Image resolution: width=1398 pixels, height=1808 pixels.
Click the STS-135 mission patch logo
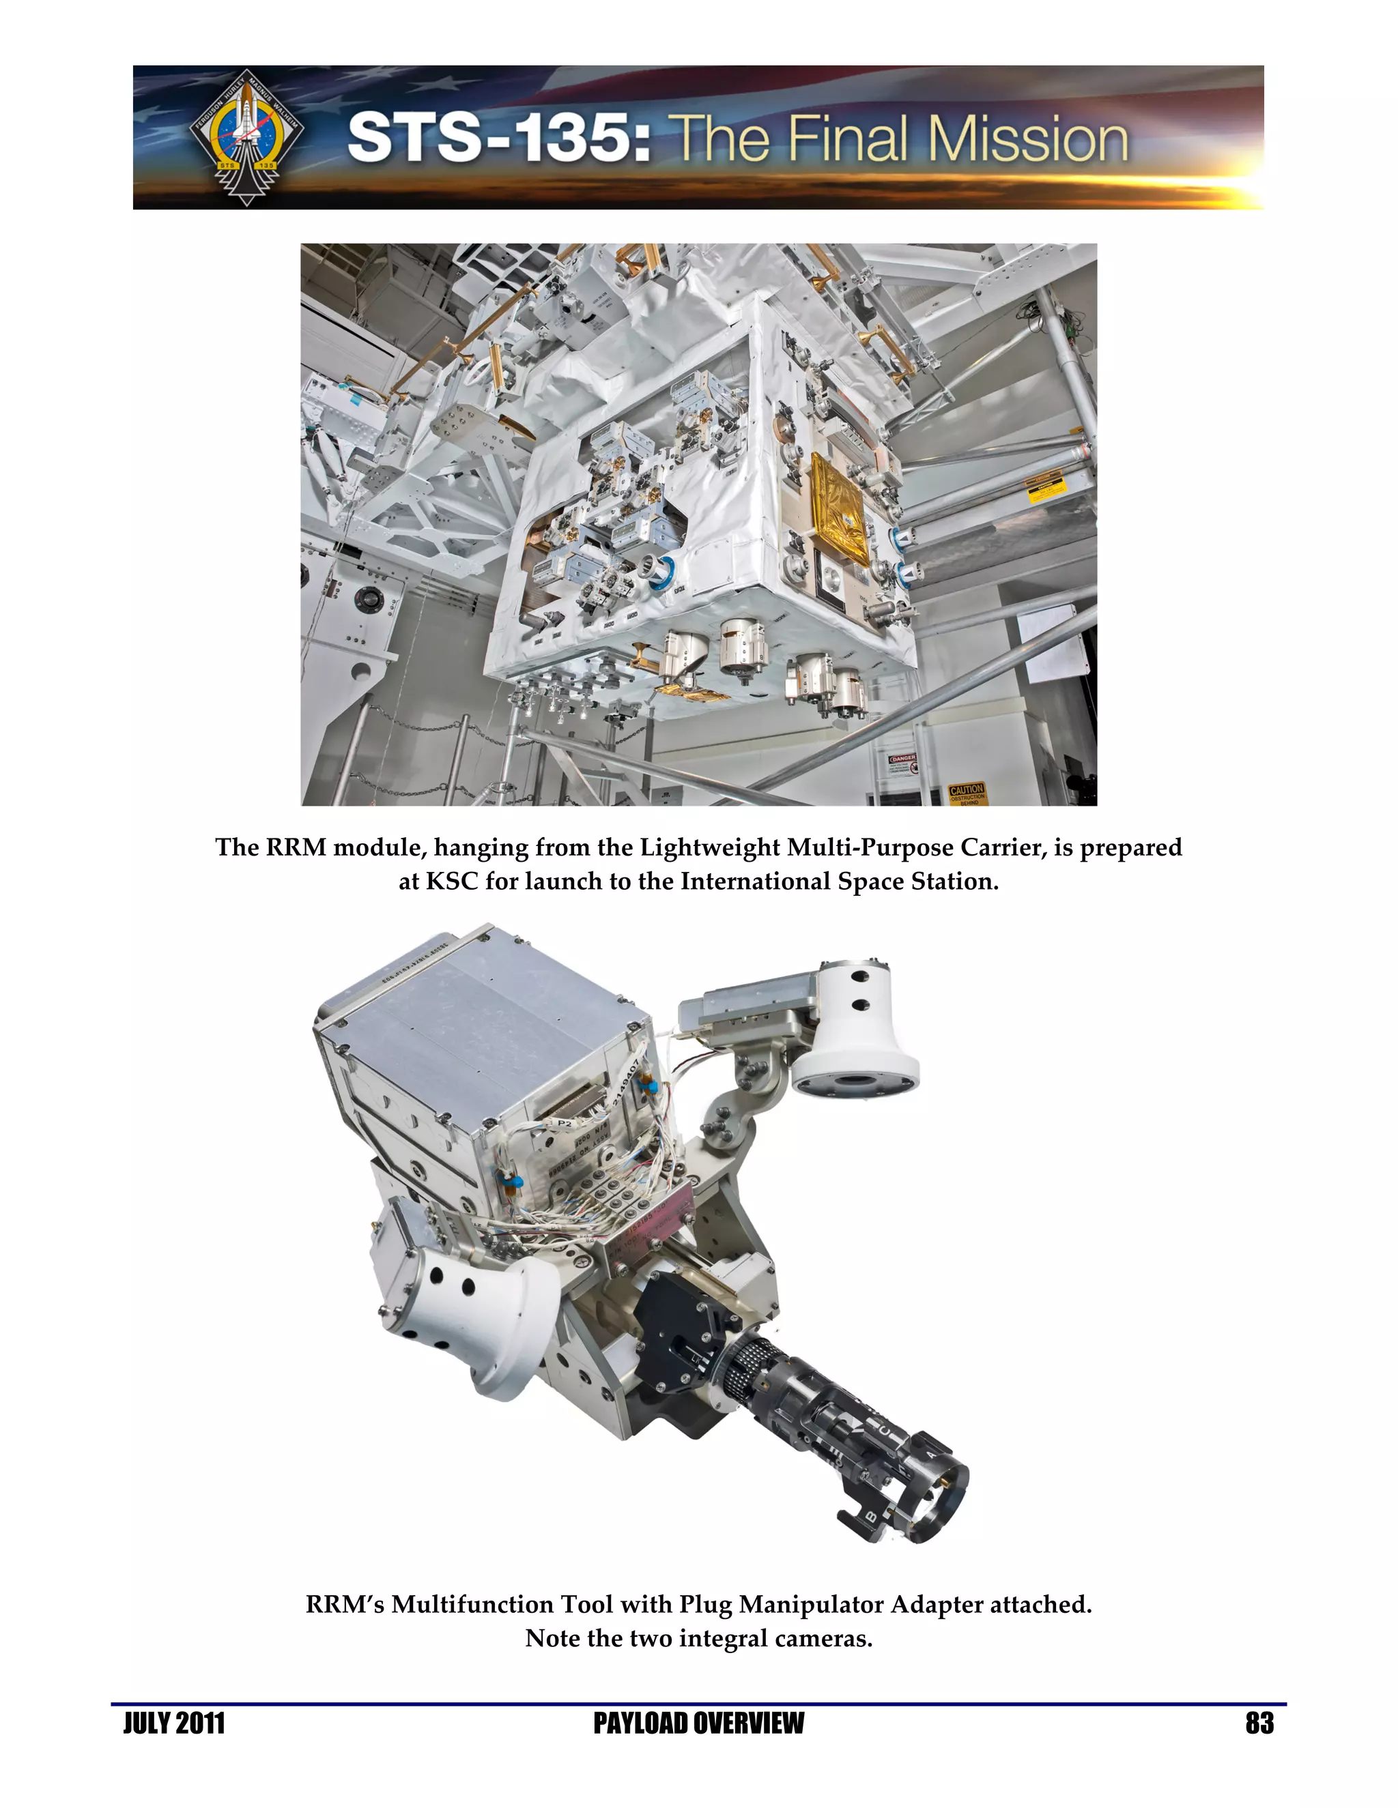[246, 136]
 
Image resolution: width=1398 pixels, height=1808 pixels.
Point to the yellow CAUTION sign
[967, 793]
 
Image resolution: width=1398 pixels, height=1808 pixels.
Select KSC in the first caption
[452, 881]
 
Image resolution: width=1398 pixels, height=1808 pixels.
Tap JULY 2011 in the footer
[174, 1723]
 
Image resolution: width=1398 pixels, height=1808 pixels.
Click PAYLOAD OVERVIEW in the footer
[698, 1723]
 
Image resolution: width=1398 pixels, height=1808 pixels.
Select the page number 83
[1259, 1723]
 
